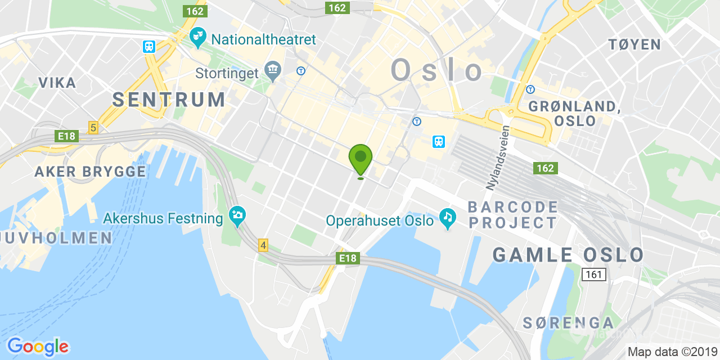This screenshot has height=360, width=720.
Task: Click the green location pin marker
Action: click(x=361, y=158)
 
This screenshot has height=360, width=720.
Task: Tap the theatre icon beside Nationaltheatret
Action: click(x=197, y=38)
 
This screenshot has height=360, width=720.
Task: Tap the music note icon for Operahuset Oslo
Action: click(x=448, y=218)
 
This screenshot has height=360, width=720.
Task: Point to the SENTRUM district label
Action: click(x=169, y=100)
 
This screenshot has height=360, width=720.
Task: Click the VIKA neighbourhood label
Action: click(x=57, y=83)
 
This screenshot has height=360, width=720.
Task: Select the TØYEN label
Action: click(x=634, y=44)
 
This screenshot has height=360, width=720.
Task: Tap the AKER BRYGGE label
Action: click(x=91, y=172)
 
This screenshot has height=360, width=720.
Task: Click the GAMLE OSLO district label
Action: click(x=568, y=255)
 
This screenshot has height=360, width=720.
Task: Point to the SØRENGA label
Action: click(x=568, y=323)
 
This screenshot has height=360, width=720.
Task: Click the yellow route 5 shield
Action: click(x=93, y=128)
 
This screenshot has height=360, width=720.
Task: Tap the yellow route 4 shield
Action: click(x=263, y=245)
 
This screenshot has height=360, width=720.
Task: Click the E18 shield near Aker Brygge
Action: click(x=66, y=136)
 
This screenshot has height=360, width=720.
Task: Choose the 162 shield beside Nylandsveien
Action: click(x=545, y=168)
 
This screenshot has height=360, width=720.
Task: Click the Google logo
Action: click(x=38, y=346)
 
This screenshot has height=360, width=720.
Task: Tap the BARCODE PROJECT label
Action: click(x=513, y=214)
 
